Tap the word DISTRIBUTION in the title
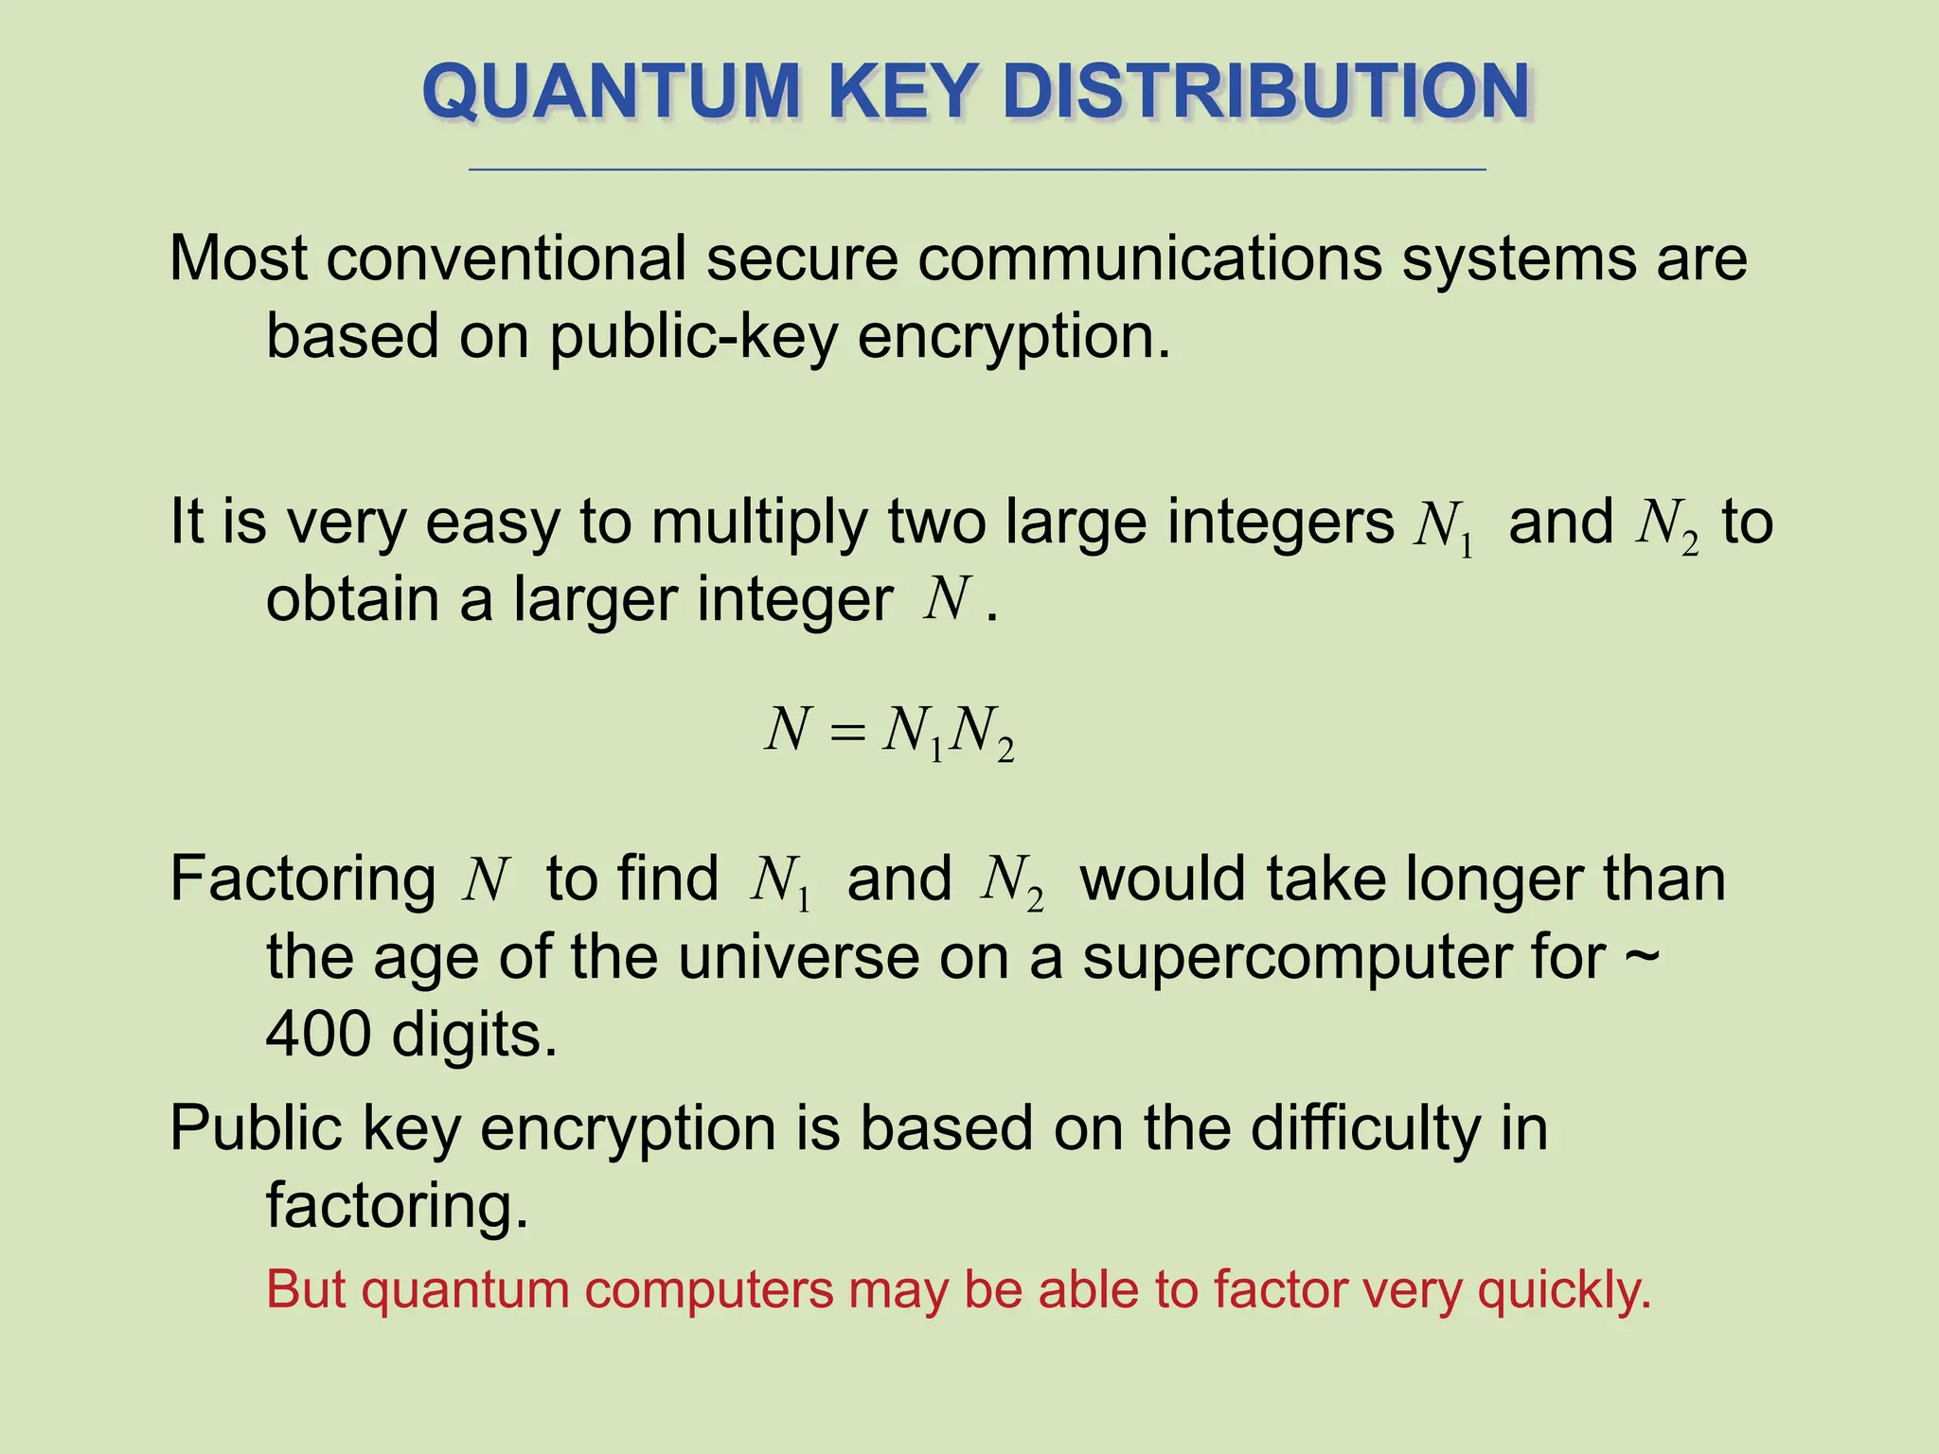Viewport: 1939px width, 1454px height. coord(1265,92)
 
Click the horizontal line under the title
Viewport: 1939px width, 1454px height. coord(977,169)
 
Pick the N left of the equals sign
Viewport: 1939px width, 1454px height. coord(788,731)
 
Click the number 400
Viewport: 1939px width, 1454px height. coord(318,1035)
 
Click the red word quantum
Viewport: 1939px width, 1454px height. coord(465,1291)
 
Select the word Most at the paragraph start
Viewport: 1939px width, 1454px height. coord(239,257)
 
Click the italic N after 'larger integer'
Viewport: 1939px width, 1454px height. coord(949,600)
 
